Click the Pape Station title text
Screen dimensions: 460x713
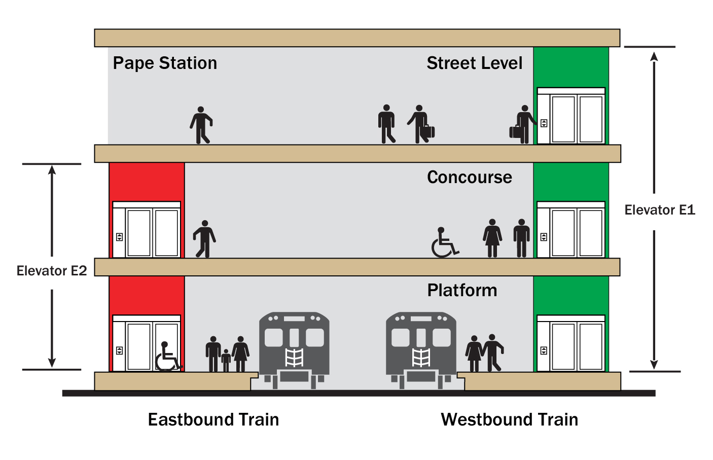click(x=165, y=63)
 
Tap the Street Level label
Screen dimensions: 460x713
click(x=474, y=63)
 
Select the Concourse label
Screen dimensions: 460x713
click(x=469, y=178)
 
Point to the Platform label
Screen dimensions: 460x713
click(x=462, y=291)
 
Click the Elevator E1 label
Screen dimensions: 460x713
click(x=659, y=210)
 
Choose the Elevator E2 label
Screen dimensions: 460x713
click(x=52, y=271)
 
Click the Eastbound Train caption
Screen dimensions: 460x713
click(x=213, y=420)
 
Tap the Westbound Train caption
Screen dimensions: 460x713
click(x=509, y=420)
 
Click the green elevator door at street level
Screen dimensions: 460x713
click(x=577, y=119)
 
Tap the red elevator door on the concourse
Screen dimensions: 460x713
click(x=153, y=233)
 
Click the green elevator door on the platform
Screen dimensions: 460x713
click(x=577, y=346)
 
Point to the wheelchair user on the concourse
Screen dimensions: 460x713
click(x=444, y=243)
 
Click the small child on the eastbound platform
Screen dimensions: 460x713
click(x=226, y=360)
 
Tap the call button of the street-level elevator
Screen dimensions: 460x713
click(x=544, y=123)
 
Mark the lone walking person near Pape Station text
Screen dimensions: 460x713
click(x=201, y=125)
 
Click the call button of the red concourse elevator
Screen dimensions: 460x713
click(x=119, y=237)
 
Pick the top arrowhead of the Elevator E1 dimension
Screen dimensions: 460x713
click(x=654, y=56)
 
